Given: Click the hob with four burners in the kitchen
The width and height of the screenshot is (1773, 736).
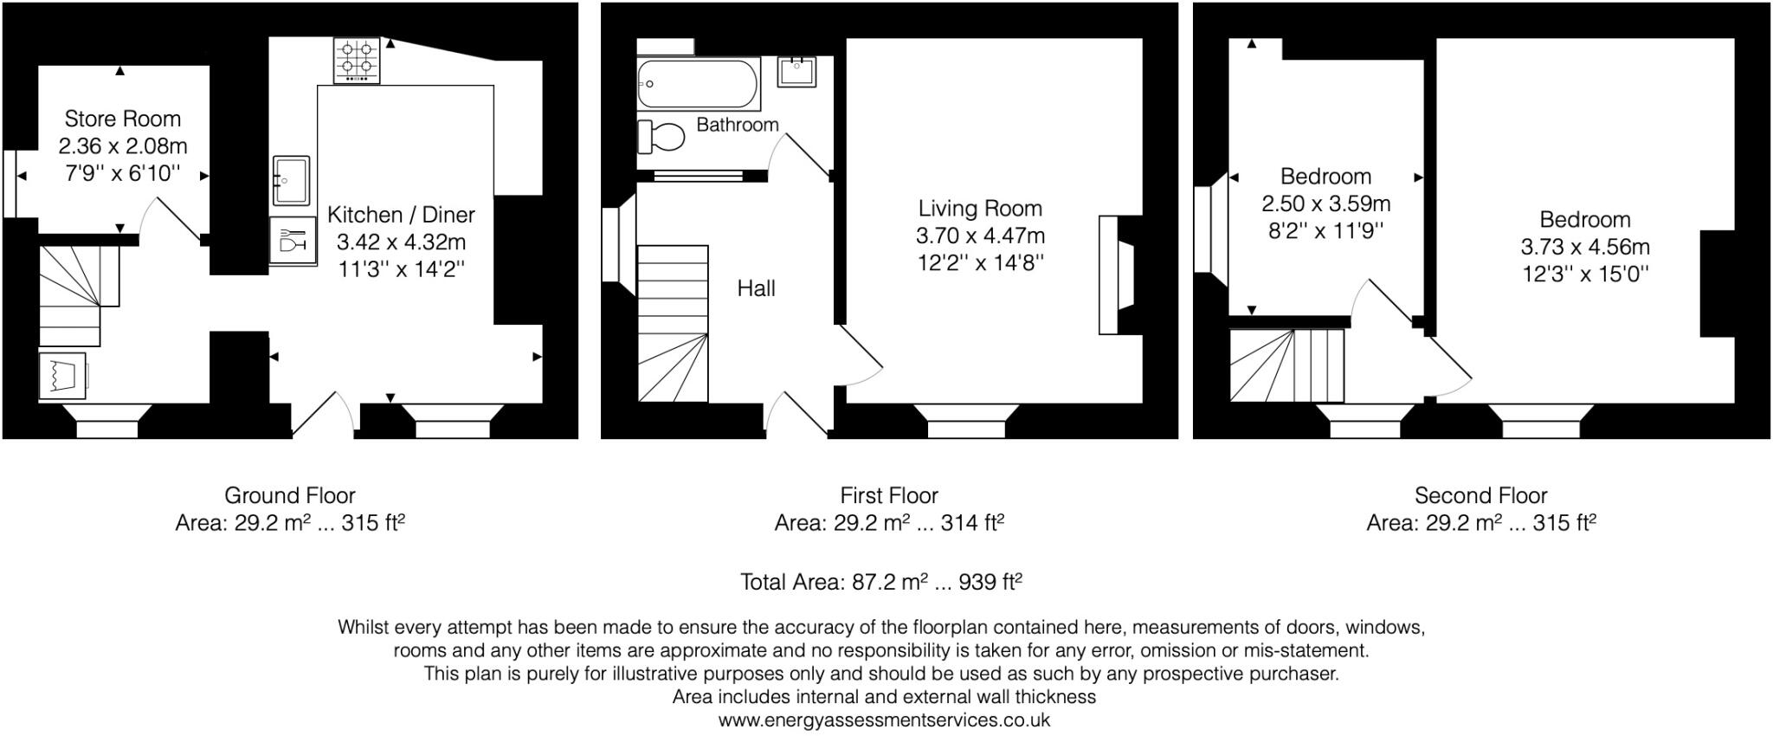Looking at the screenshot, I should coord(357,61).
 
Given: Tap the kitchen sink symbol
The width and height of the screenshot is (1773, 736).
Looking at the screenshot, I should coord(291,180).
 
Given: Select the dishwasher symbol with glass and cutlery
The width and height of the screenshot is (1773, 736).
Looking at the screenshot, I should coord(292,240).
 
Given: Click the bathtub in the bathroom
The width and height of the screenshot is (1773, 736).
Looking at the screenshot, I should coord(698,84).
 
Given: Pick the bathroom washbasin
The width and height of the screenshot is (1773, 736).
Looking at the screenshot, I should coord(796,70).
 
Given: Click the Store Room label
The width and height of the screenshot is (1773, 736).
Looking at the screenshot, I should coord(123,119).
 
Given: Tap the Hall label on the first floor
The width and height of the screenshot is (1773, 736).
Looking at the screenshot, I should coord(756,288).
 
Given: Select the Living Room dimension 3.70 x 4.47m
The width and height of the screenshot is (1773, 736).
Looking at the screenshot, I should coord(980,236).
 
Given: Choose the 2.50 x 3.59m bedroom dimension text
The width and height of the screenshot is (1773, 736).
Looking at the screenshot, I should coord(1325,204).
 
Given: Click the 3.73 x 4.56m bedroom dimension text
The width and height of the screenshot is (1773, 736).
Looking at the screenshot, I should coord(1584,247).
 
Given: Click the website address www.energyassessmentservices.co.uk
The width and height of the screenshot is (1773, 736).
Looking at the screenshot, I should coord(884,720).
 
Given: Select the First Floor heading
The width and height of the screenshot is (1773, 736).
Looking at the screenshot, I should coord(888,495).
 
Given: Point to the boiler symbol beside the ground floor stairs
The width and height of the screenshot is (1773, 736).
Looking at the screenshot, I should coord(62,375).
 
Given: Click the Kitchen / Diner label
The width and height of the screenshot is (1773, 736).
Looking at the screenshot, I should coord(401,215).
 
